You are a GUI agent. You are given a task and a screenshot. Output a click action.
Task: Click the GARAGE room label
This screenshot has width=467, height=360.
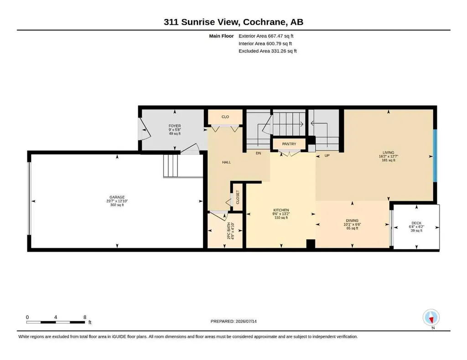coord(117,197)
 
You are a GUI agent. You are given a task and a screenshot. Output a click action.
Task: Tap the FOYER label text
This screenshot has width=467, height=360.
coord(175,126)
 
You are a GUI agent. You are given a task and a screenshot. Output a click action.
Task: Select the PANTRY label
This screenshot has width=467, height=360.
coord(289,144)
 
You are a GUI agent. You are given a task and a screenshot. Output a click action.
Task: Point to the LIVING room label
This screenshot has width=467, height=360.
coord(389,153)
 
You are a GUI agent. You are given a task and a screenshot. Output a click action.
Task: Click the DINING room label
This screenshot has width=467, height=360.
coord(352,221)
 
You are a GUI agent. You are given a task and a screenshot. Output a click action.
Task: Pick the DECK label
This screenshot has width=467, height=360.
coord(416,223)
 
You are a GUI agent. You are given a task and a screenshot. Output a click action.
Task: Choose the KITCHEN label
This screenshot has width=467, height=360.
coord(281,210)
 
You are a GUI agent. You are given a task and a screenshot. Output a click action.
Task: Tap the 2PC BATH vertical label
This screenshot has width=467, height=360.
coord(229,231)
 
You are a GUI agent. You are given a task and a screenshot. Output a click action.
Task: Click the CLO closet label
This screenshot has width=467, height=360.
coord(225,117)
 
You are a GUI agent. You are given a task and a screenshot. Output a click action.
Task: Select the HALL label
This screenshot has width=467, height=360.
coord(226,162)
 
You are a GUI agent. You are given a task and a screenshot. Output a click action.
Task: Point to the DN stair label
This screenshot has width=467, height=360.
coord(258,153)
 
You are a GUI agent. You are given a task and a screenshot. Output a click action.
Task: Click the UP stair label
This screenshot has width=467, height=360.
coord(327,155)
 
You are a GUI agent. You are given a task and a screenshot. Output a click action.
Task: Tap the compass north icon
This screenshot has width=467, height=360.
coord(431,318)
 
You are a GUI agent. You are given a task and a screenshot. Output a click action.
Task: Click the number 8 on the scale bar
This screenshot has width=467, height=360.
coord(85,317)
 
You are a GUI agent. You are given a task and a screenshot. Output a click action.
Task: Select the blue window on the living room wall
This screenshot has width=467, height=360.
coord(435,155)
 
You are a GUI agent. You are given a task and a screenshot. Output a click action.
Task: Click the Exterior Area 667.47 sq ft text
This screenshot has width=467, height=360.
coord(266,36)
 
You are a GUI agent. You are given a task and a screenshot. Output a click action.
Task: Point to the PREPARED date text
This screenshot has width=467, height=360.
coord(233,321)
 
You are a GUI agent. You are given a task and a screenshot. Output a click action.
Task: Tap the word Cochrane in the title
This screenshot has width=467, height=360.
coord(265,22)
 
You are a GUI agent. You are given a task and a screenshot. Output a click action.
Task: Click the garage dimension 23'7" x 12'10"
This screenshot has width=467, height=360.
coord(117,201)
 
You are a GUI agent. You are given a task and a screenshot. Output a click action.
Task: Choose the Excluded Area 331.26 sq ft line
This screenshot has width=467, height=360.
coord(267,51)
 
